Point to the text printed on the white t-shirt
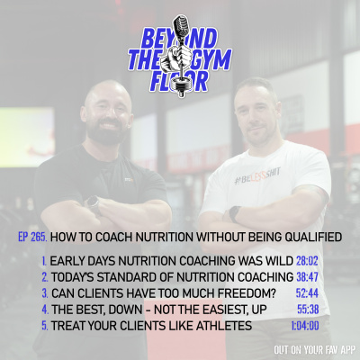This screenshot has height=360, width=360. pos(260,179)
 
